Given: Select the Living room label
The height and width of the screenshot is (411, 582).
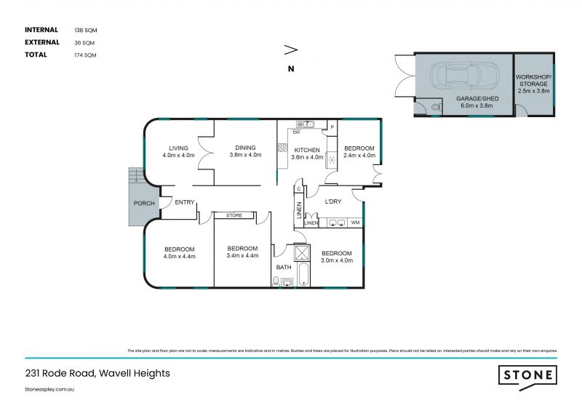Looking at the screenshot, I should [x=179, y=148].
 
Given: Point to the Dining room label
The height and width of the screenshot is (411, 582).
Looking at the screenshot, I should [x=245, y=148].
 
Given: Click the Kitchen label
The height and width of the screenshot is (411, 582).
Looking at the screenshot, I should [x=306, y=150].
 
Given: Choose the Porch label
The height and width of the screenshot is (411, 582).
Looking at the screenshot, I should [x=144, y=203].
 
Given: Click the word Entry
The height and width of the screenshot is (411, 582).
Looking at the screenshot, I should [x=185, y=202].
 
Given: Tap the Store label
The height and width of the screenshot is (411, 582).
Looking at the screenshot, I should [x=234, y=216].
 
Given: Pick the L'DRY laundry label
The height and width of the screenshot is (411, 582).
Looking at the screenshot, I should [x=333, y=201].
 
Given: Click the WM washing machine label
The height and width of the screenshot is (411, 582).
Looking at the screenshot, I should [x=355, y=223].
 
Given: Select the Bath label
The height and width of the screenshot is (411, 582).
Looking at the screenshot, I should [x=283, y=267].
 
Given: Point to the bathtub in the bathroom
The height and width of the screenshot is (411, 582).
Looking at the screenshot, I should [x=303, y=276].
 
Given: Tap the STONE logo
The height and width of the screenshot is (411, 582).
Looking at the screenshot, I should [x=528, y=375].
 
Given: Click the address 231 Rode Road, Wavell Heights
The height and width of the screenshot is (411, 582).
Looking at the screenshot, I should [x=97, y=373].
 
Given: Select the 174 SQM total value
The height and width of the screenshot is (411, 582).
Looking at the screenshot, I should [x=85, y=55].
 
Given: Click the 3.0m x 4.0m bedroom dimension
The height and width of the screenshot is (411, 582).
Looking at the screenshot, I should [x=337, y=260].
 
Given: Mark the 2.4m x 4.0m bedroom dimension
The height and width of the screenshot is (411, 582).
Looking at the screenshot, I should [x=359, y=155].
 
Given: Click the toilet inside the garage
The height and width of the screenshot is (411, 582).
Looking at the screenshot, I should [x=435, y=106].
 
